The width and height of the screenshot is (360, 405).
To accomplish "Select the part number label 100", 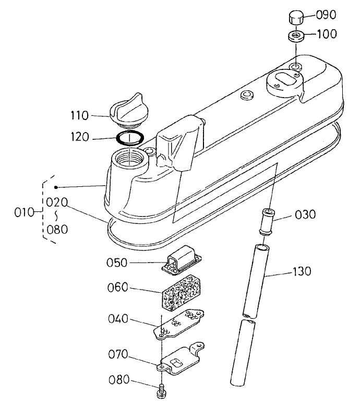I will coord(327,34).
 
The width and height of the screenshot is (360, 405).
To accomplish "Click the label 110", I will coord(81,114).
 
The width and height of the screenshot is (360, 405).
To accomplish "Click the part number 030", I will coord(305,215).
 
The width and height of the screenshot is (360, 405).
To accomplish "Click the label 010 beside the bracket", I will coord(21,212).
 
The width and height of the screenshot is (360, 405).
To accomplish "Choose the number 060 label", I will coord(119,289).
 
